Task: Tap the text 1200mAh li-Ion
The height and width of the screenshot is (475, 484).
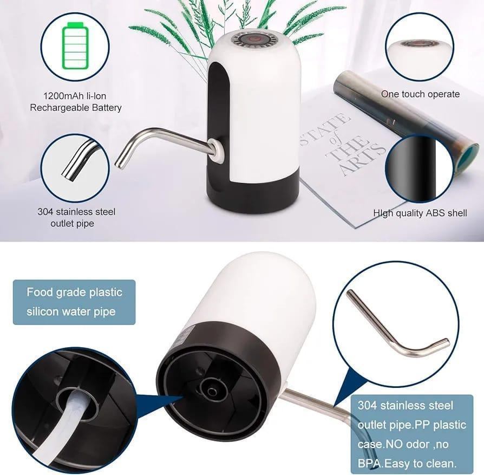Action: coord(76,96)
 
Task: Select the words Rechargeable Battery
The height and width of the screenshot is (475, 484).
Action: coord(76,107)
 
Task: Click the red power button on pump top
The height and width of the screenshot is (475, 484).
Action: coord(253,40)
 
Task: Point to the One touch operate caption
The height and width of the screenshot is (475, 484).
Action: coord(420,94)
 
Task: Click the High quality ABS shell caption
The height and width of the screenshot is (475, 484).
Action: coord(420,213)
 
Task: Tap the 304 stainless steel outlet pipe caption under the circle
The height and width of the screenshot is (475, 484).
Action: coord(76,217)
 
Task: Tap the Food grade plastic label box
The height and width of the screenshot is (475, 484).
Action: coord(74,302)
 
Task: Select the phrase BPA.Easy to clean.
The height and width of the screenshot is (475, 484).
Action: coord(411,463)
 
